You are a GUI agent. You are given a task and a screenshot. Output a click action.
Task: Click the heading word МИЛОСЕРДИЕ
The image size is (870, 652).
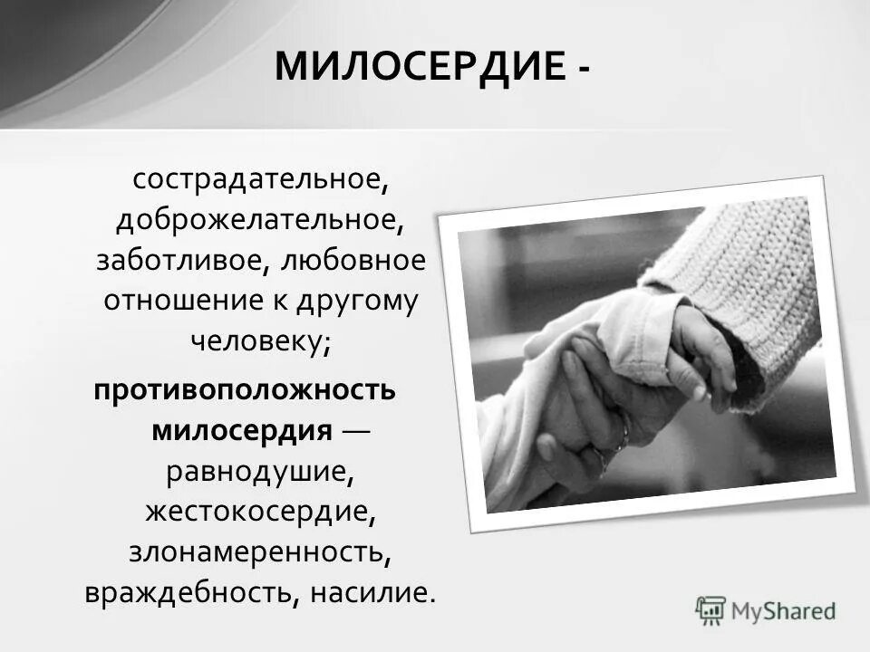coord(419,66)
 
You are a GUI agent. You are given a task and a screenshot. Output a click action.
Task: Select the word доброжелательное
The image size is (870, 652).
coord(259,220)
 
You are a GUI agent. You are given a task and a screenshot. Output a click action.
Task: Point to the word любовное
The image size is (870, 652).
coord(352,260)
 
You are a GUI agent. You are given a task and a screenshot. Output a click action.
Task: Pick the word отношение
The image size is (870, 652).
coord(185,300)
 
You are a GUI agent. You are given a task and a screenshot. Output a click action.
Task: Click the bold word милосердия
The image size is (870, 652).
coord(242,430)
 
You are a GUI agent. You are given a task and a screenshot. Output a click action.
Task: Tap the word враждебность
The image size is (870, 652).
coord(187,592)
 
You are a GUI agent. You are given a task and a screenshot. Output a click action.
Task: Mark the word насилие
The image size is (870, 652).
coord(372,592)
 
